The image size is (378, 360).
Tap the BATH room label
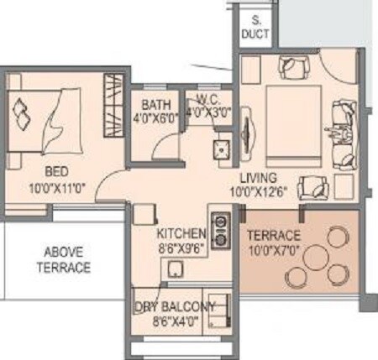tap(157, 104)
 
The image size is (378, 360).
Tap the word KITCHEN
tap(181, 231)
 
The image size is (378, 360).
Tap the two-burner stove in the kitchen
tap(221, 231)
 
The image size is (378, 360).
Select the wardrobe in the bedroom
tap(113, 105)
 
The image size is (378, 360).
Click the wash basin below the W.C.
tap(221, 149)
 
